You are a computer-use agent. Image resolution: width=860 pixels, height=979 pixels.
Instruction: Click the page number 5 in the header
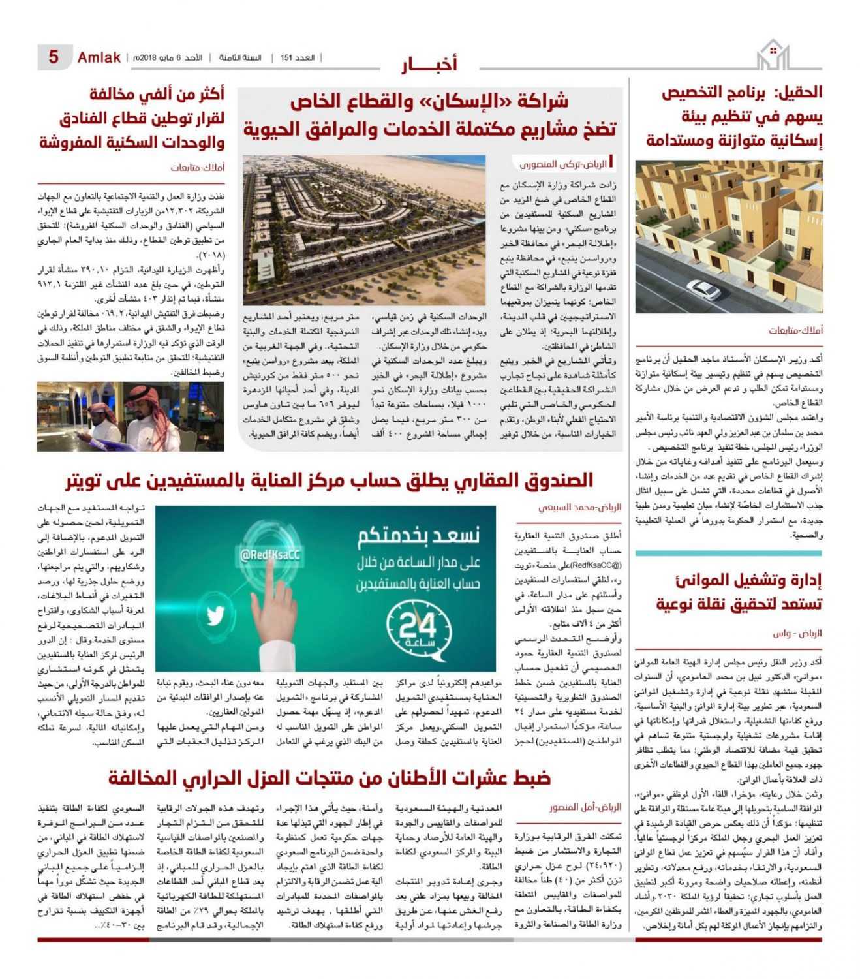tap(54, 57)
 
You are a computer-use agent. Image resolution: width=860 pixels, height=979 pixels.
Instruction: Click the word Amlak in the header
tap(99, 57)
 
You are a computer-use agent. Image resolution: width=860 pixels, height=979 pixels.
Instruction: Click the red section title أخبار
tap(429, 64)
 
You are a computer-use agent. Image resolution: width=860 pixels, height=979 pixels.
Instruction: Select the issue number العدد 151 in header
tap(298, 58)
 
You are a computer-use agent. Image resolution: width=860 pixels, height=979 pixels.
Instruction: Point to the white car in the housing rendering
tap(704, 288)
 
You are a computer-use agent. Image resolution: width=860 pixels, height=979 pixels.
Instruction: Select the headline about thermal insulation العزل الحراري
tap(330, 777)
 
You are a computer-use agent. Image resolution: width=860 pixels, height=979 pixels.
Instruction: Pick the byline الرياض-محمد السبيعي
tap(579, 506)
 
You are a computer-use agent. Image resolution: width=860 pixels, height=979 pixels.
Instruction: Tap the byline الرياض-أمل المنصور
tap(585, 807)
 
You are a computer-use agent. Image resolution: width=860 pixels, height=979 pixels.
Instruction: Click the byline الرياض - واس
tap(797, 633)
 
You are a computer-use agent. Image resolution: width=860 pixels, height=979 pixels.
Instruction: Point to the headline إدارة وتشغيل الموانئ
tap(740, 591)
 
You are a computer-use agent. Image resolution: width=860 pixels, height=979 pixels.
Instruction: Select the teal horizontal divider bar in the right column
tap(728, 553)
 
